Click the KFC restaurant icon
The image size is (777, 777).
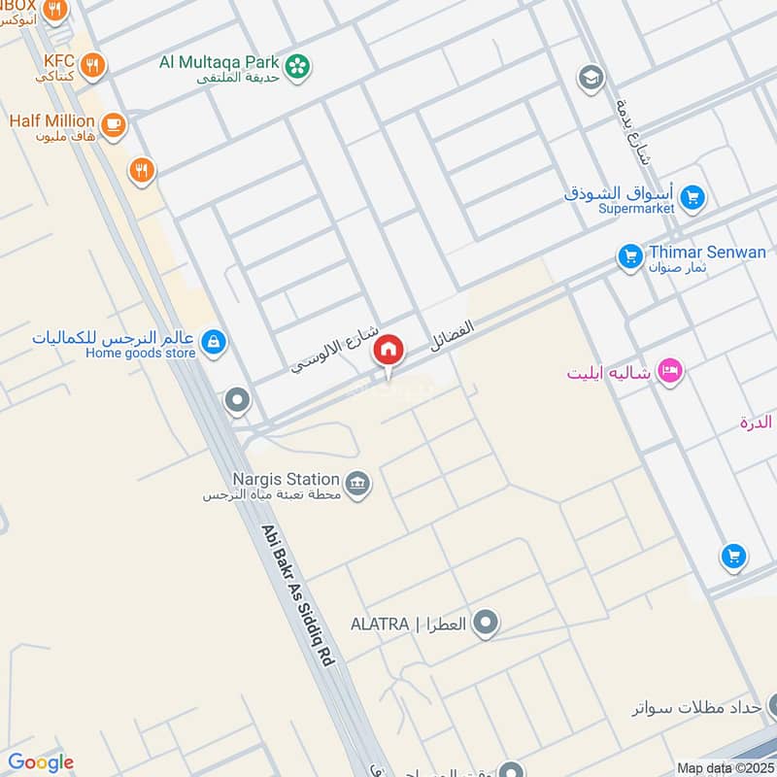click(93, 65)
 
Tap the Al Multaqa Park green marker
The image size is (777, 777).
click(299, 65)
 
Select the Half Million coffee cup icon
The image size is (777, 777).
click(114, 125)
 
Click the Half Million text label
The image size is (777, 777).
click(51, 121)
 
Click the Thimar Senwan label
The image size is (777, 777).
click(707, 253)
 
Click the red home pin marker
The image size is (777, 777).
click(388, 350)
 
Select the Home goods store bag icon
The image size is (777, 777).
click(215, 342)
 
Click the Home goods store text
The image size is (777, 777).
click(141, 353)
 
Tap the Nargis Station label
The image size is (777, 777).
click(286, 479)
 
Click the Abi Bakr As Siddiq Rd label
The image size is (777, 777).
click(297, 596)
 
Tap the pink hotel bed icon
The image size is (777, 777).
click(669, 370)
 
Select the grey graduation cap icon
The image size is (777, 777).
click(590, 77)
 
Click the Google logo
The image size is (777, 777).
click(41, 762)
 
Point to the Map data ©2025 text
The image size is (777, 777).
click(724, 767)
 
